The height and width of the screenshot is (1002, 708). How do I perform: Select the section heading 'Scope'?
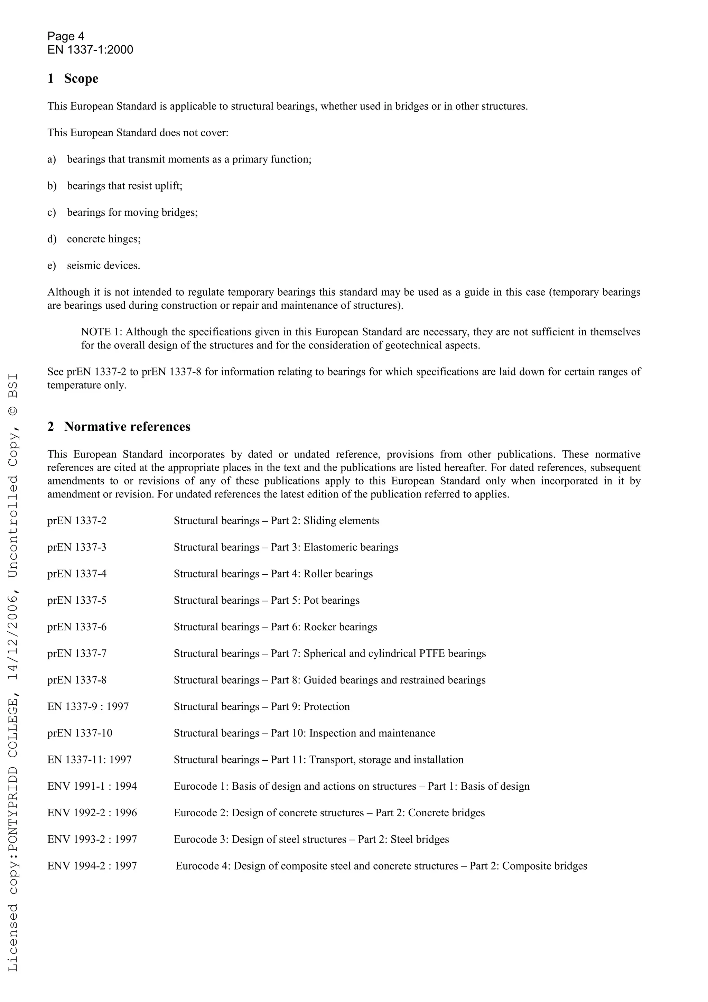coord(81,78)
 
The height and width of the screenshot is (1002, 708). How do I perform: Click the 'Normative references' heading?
coord(127,426)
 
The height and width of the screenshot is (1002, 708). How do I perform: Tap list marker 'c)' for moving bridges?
coord(52,213)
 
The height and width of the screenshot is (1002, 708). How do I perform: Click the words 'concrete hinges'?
coord(103,239)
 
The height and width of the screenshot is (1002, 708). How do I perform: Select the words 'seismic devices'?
coord(103,266)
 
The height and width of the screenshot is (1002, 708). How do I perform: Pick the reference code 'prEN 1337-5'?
coord(77,601)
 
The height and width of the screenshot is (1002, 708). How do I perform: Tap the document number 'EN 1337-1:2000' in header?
coord(90,50)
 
